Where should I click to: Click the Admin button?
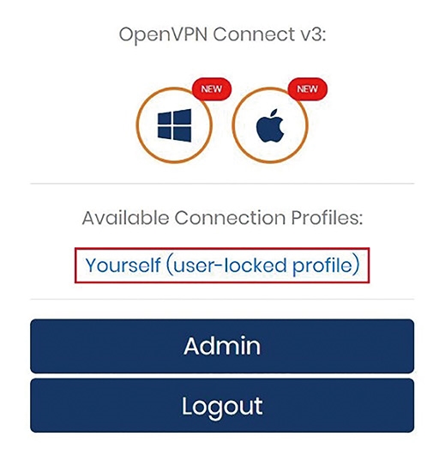coord(222,346)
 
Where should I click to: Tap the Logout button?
coord(222,405)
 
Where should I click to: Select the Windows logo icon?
coord(174,125)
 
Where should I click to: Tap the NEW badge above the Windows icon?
coord(212,89)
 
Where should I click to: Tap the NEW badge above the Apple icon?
coord(307,89)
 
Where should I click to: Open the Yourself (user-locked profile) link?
coord(222,265)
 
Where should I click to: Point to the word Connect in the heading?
coord(255,34)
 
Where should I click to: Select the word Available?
coord(125,218)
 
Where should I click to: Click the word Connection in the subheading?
coord(230,218)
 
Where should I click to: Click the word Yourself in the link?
coord(123,265)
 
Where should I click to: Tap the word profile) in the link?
coord(326,266)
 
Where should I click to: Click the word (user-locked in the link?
coord(226,266)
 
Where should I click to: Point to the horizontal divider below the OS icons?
coord(222,184)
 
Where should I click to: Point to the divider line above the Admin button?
coord(222,300)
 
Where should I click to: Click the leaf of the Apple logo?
coord(274,113)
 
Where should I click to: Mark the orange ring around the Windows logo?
coord(136,125)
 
